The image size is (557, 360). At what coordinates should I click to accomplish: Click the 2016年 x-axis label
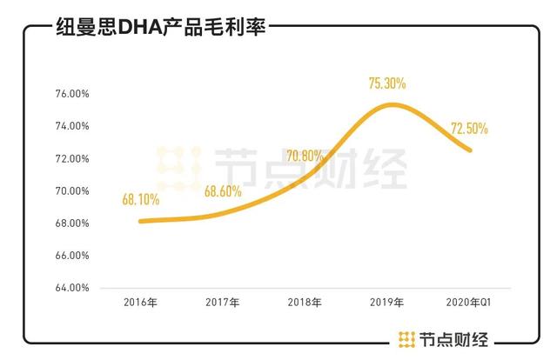pos(141,303)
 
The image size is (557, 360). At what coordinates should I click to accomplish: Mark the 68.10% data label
pos(141,199)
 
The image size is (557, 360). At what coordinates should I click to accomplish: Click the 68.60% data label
pos(223,192)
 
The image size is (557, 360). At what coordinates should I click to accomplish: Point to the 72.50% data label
pos(469,129)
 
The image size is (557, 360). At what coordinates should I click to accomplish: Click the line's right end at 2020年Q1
pos(471,150)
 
